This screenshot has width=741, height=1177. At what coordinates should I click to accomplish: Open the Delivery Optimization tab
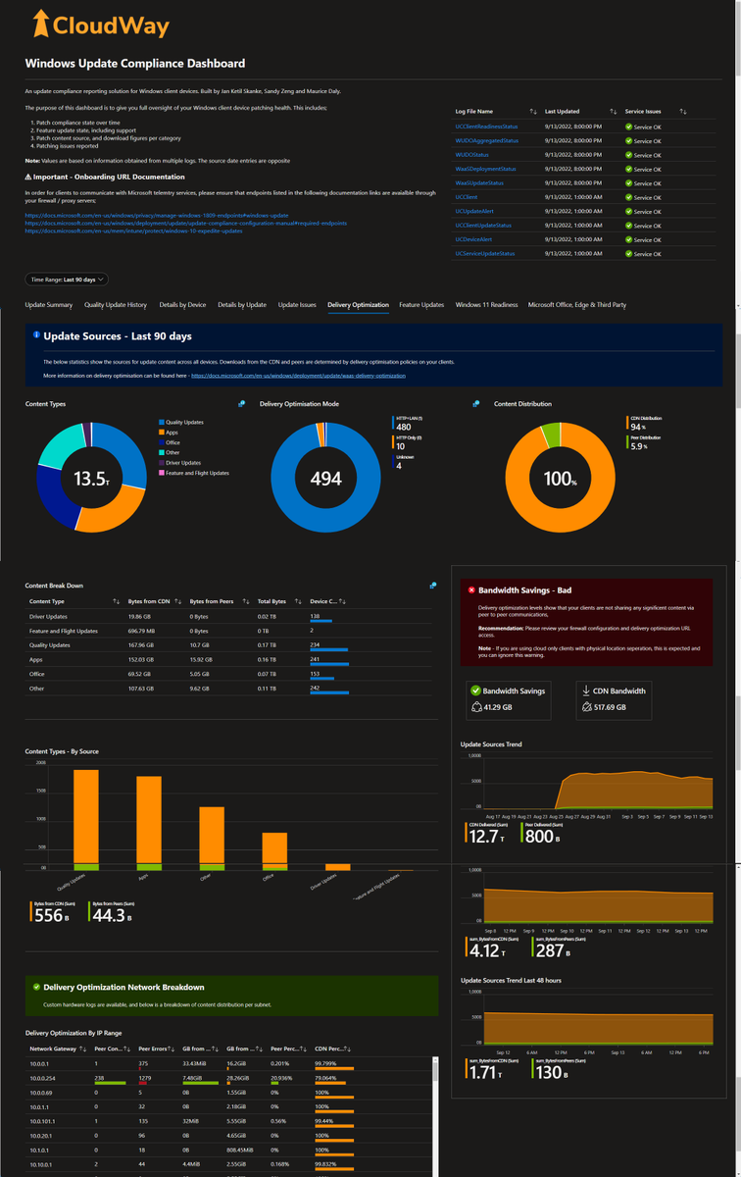(x=358, y=305)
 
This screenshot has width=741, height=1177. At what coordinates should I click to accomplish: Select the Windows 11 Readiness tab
(x=486, y=305)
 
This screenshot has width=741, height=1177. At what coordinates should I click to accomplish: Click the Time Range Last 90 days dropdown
(x=67, y=280)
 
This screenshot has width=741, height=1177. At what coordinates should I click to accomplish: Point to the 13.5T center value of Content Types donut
(x=90, y=479)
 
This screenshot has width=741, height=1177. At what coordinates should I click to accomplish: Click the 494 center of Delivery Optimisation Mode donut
(x=326, y=479)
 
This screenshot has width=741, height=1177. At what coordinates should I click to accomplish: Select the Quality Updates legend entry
(x=184, y=422)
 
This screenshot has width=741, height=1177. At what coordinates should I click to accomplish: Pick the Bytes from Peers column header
(x=211, y=601)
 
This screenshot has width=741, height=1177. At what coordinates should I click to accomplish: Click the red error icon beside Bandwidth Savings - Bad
(x=471, y=590)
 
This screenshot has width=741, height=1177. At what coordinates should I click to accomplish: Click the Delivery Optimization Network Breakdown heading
(x=123, y=988)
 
